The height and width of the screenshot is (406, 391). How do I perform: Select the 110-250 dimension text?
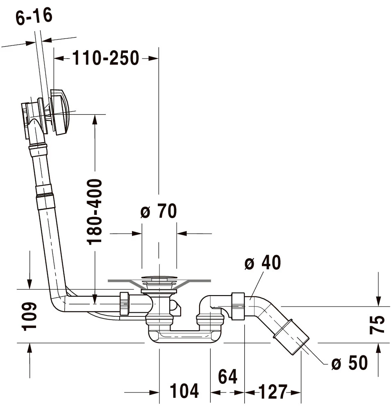(106, 59)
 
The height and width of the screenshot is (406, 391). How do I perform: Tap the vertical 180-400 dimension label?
(95, 211)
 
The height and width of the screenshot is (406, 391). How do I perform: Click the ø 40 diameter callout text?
(263, 263)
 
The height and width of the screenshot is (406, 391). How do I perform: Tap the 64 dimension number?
(227, 377)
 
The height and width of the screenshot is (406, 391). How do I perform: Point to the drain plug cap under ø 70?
(159, 280)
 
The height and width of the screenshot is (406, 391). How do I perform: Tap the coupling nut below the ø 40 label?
(238, 306)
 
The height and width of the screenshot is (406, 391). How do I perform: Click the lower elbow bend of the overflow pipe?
(57, 303)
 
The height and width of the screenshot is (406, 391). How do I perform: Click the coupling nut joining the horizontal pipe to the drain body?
(125, 304)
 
